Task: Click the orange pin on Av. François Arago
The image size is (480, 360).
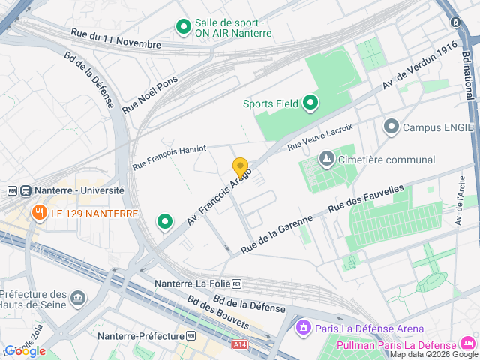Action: [240, 168]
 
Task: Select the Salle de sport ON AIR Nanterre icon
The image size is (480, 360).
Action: [183, 28]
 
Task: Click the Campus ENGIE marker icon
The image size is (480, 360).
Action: [391, 127]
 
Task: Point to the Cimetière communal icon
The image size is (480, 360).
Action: [326, 160]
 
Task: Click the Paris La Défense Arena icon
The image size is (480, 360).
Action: [303, 328]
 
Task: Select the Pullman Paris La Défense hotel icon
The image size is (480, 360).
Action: [469, 344]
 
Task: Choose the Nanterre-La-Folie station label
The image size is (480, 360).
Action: [197, 283]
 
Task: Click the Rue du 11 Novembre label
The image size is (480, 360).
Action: [115, 39]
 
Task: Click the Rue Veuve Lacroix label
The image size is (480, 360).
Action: [320, 136]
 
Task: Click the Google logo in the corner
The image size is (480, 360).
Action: [25, 351]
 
